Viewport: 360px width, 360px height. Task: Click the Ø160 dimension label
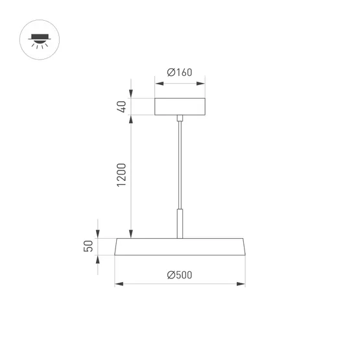(x=180, y=73)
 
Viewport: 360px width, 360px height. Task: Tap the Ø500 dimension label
(x=180, y=275)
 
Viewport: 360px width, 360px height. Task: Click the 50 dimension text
(x=90, y=246)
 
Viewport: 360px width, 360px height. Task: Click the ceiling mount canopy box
(x=180, y=106)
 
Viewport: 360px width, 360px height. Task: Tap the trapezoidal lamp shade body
(x=180, y=246)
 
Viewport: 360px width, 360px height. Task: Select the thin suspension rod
(x=180, y=162)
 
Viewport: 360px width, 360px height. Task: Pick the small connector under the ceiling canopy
(x=180, y=118)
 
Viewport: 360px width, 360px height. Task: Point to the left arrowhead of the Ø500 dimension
(x=118, y=283)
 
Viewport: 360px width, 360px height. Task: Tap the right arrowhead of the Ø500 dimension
(x=242, y=283)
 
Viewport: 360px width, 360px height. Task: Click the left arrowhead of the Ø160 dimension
(x=158, y=82)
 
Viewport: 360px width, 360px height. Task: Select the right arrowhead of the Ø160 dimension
(x=202, y=82)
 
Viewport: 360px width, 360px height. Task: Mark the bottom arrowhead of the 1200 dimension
(x=132, y=234)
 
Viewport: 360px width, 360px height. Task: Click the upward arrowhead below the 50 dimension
(x=98, y=259)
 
